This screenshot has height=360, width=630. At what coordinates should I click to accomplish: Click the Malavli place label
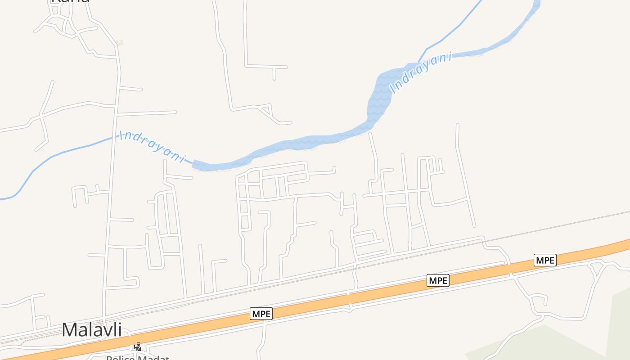click(x=92, y=329)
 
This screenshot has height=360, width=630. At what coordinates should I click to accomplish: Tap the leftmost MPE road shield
click(x=261, y=314)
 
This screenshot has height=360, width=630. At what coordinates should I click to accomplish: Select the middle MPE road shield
click(x=438, y=280)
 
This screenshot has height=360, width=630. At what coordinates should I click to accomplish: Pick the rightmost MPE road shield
click(x=545, y=260)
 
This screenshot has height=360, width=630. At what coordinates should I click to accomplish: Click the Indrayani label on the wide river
click(x=421, y=73)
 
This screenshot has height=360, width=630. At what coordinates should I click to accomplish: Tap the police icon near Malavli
click(x=138, y=347)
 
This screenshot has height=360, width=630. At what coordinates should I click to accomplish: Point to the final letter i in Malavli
click(x=119, y=329)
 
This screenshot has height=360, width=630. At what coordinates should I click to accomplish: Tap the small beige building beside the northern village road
click(x=119, y=43)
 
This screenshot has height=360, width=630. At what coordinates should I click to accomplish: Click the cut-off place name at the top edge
click(x=70, y=1)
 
